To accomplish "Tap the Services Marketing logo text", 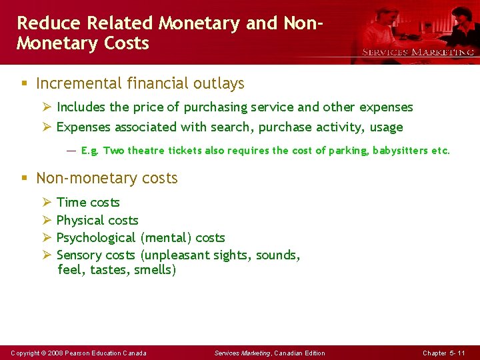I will (418, 52).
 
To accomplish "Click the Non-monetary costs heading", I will (107, 179).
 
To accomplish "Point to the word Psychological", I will (96, 238).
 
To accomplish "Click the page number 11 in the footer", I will (461, 353).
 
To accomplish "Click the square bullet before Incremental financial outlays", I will (23, 85).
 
